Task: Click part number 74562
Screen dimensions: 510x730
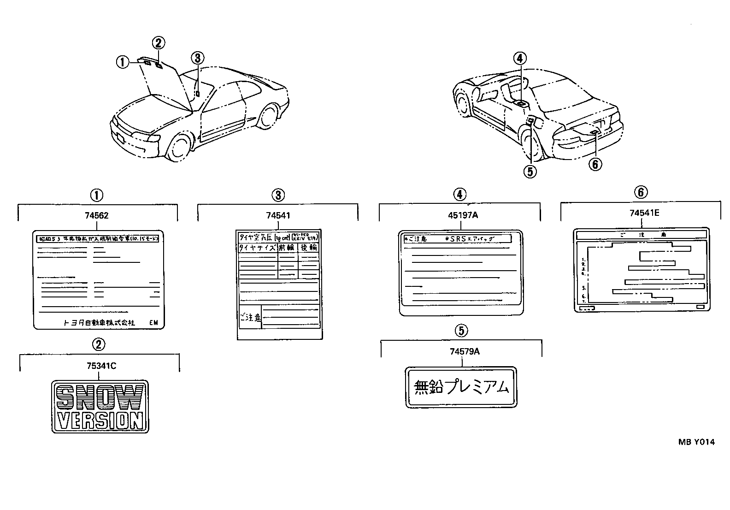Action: [x=97, y=215]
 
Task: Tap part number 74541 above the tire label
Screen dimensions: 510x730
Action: [x=278, y=215]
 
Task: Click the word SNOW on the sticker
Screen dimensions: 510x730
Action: [x=100, y=397]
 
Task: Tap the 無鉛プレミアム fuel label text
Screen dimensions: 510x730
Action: [x=461, y=387]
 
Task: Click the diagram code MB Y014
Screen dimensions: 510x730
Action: [x=696, y=442]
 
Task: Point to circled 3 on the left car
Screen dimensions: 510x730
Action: [x=197, y=58]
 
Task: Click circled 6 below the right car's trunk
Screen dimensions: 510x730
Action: [x=595, y=163]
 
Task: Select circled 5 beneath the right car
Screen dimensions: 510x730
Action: [x=530, y=171]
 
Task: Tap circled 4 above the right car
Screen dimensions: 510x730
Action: [x=519, y=59]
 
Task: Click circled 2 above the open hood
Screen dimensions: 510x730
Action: [x=158, y=43]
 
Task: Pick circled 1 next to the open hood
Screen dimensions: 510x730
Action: [x=122, y=62]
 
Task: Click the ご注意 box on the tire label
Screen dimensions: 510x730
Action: [x=250, y=317]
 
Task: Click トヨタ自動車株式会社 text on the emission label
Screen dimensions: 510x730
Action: [x=99, y=323]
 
